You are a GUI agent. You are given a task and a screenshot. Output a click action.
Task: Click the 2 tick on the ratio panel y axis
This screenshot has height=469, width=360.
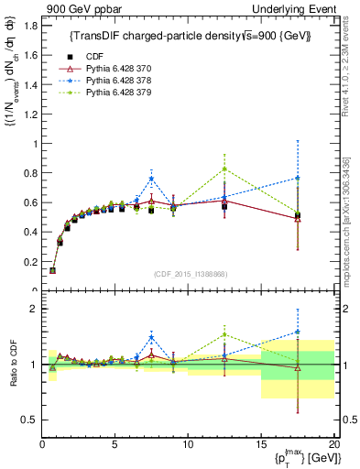[x=32, y=309]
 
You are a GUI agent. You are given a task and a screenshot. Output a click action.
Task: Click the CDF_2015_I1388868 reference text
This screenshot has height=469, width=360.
[x=188, y=273]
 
